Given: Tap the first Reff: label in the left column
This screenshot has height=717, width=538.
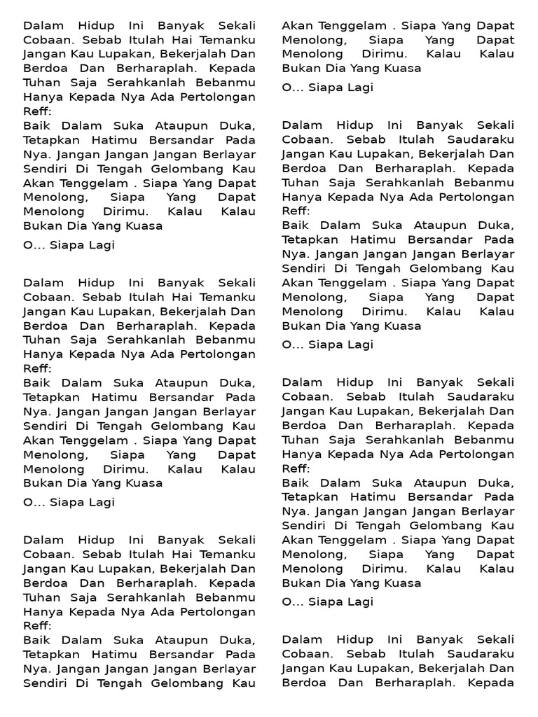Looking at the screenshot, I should [x=38, y=112].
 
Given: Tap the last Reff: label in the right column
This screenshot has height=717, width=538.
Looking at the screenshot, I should [x=296, y=468].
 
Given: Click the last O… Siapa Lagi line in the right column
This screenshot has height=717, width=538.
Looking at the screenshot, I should [x=328, y=601].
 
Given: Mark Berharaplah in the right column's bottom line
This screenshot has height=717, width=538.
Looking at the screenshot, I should [x=408, y=683].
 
